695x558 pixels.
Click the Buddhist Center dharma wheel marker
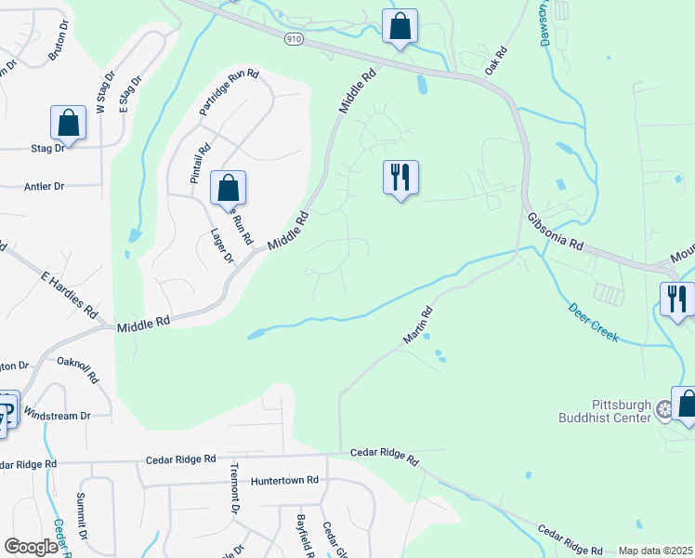click(x=663, y=409)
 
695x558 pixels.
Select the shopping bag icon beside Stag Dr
click(x=68, y=122)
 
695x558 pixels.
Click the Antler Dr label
click(x=45, y=186)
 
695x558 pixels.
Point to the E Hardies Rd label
click(x=69, y=296)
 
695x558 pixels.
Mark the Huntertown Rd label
click(x=284, y=481)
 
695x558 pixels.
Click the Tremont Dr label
click(x=234, y=487)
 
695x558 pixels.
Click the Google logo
click(x=31, y=547)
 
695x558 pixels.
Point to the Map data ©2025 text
click(x=655, y=551)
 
